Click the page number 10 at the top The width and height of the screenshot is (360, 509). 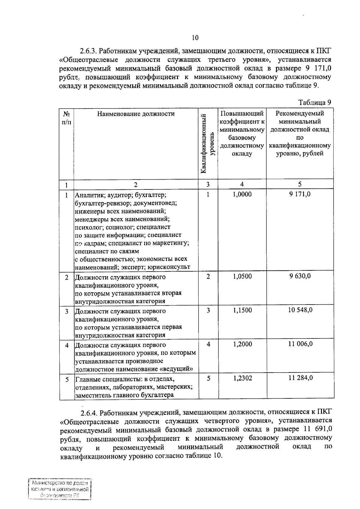[195, 38]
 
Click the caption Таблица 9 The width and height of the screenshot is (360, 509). [315, 103]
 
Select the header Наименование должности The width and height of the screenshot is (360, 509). [136, 114]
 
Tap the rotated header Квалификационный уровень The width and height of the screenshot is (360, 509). [208, 144]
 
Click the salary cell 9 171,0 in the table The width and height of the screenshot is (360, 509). [300, 195]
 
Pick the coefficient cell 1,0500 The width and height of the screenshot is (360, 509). [242, 276]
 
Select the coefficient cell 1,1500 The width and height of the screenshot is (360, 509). [242, 310]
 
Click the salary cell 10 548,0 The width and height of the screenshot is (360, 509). [300, 310]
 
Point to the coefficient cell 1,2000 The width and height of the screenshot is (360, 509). [242, 344]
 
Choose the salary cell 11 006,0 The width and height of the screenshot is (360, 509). [300, 344]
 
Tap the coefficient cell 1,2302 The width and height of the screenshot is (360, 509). [242, 378]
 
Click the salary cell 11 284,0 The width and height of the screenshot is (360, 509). [300, 378]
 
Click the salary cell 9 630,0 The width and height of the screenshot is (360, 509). [300, 276]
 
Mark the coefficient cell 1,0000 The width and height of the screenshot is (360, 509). [242, 195]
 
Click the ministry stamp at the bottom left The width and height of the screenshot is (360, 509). [59, 489]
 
